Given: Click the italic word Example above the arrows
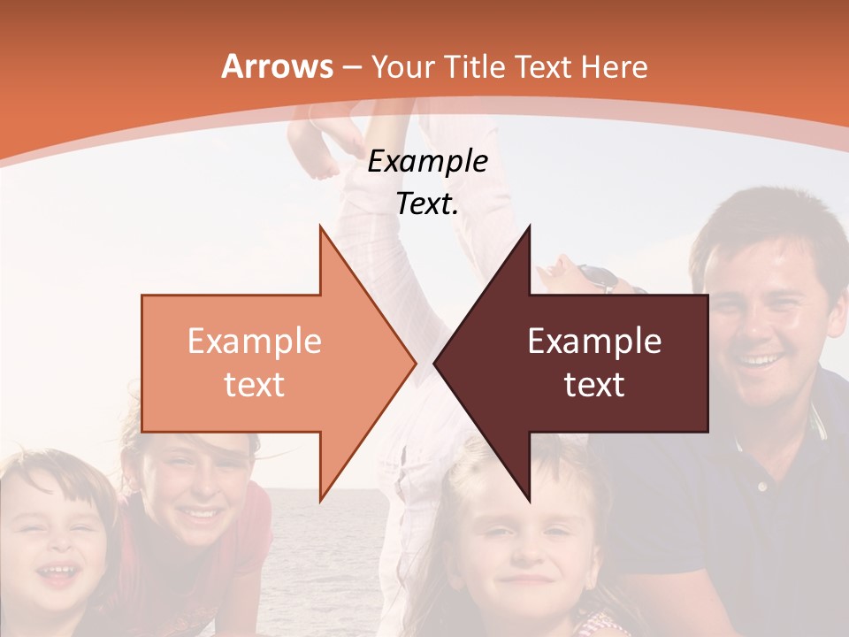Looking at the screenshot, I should pyautogui.click(x=427, y=162).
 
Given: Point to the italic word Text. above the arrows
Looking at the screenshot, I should pyautogui.click(x=427, y=204).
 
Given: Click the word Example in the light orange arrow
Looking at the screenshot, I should pyautogui.click(x=254, y=342).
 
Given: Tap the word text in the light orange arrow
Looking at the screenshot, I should pyautogui.click(x=254, y=385).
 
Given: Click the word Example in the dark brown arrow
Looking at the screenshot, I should pyautogui.click(x=594, y=342).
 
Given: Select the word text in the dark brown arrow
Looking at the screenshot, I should pyautogui.click(x=594, y=385).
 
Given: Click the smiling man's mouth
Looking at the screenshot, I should pyautogui.click(x=759, y=361).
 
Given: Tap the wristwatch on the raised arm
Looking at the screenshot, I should pyautogui.click(x=601, y=279).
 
